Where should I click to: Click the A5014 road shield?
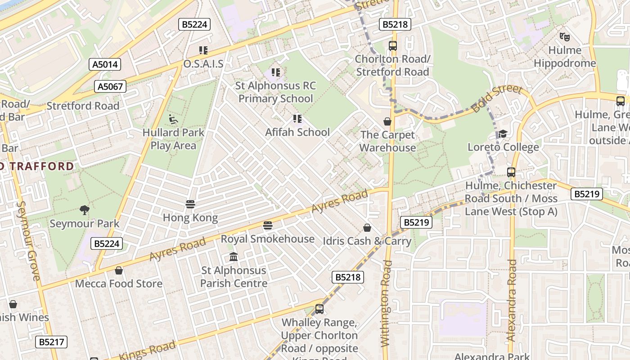(x=105, y=64)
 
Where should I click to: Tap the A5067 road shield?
(x=110, y=86)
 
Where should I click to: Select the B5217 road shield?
(x=51, y=342)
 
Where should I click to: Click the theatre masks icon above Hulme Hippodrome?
(x=564, y=36)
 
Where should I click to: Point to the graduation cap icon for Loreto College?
(x=503, y=134)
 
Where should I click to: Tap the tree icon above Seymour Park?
(x=84, y=210)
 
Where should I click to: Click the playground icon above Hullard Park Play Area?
(x=173, y=119)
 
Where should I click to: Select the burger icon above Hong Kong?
(x=190, y=204)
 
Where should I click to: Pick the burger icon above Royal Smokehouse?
(x=268, y=225)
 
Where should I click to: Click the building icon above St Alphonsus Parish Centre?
(x=234, y=257)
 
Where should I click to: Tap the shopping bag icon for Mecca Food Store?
(x=119, y=270)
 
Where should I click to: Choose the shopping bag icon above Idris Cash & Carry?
(x=367, y=228)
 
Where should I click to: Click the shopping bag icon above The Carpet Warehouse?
(x=387, y=121)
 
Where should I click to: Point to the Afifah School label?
(x=297, y=132)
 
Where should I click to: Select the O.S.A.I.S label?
(x=203, y=64)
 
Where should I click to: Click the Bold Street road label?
(x=497, y=98)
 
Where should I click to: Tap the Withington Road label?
(x=386, y=304)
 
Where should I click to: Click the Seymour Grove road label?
(x=28, y=241)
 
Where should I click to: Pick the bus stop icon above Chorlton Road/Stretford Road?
(x=393, y=45)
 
